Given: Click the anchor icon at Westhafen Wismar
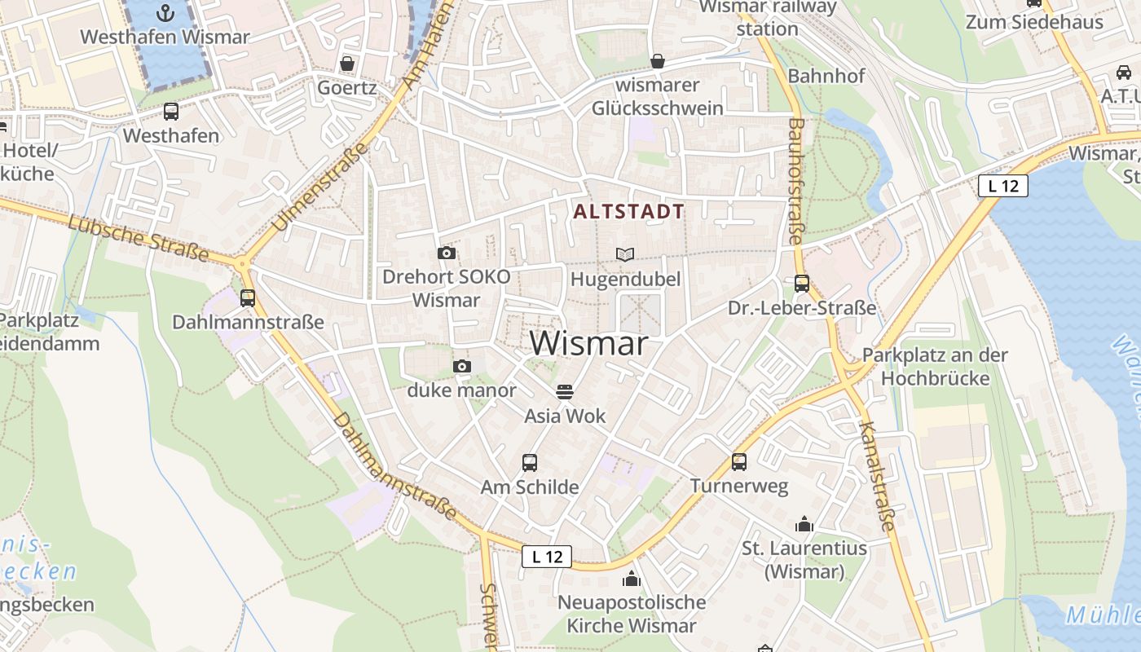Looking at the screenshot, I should tap(166, 12).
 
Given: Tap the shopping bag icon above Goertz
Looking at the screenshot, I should tap(347, 64).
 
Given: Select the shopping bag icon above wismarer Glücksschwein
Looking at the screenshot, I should tap(658, 61).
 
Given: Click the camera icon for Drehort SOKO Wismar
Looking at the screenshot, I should tap(446, 253).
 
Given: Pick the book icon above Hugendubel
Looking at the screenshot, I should tap(625, 255).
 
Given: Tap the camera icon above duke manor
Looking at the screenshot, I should tap(462, 367).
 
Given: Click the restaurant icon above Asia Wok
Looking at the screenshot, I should tap(565, 391).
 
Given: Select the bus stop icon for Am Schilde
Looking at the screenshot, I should tap(530, 463).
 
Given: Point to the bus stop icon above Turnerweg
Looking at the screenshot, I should tap(739, 462).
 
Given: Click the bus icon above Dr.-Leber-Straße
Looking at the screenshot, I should tap(802, 284).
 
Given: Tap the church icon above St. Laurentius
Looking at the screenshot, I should tap(804, 524).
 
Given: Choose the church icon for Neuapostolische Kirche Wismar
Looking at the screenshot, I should tap(631, 579).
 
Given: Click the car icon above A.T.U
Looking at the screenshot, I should tap(1123, 72).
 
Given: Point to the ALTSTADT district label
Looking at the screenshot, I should tap(628, 212).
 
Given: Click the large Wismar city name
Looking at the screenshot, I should tap(589, 344).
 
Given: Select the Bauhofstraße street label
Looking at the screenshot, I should tap(796, 181).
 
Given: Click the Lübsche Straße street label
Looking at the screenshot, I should tap(139, 237).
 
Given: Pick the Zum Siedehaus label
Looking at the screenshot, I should tap(1033, 22).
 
